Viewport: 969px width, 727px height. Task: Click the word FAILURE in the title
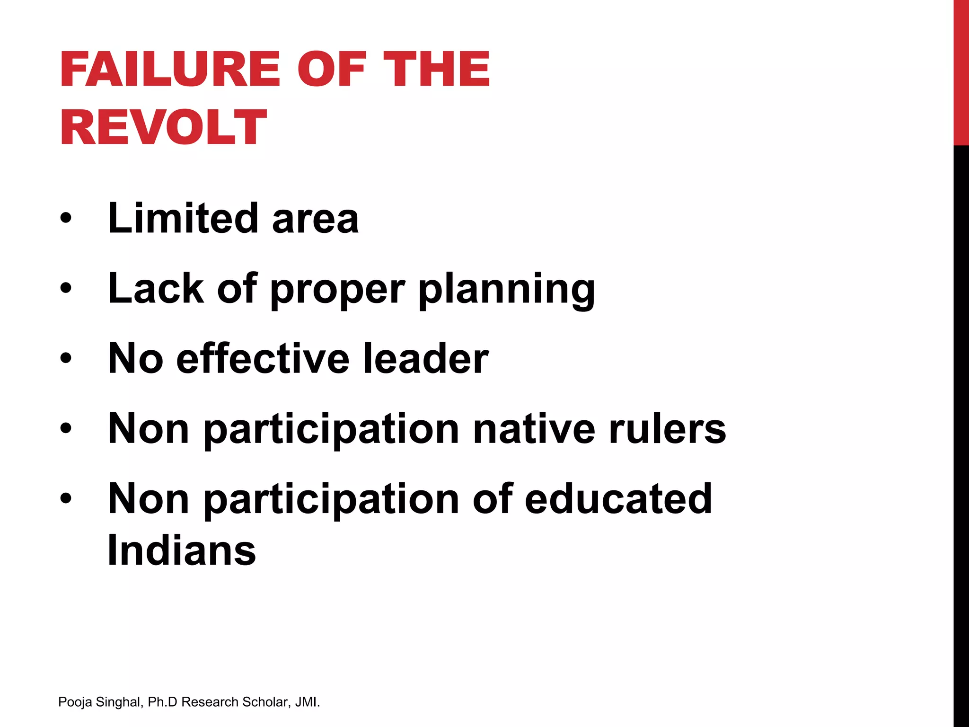pos(170,70)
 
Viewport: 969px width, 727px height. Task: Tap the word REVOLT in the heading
pos(163,127)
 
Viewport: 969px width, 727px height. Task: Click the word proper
pos(337,290)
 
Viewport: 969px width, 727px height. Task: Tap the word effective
pos(263,359)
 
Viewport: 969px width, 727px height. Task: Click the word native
pos(534,429)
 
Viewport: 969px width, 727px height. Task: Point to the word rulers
pos(667,429)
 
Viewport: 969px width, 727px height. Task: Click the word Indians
pos(182,550)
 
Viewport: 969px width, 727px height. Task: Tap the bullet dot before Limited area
pos(66,218)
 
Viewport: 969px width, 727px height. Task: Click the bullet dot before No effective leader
pos(66,358)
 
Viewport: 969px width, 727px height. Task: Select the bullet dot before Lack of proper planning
pos(66,288)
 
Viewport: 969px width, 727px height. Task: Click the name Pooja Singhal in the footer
pos(100,702)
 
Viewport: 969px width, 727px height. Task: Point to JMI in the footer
pos(306,702)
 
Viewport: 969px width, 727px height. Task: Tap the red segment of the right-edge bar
pos(961,71)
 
